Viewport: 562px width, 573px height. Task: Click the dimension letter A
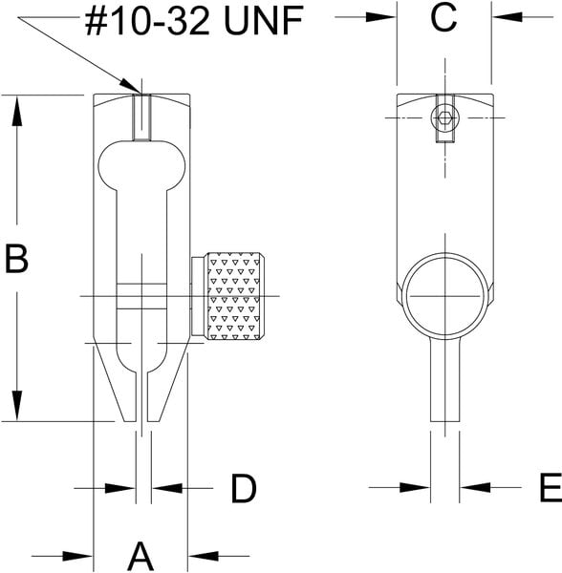pyautogui.click(x=140, y=557)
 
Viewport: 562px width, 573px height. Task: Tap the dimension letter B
pyautogui.click(x=16, y=259)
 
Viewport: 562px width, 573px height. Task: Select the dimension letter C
pyautogui.click(x=443, y=17)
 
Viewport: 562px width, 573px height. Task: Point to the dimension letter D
pyautogui.click(x=244, y=488)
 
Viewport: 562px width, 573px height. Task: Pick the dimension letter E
pyautogui.click(x=551, y=487)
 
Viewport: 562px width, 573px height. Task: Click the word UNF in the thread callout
pyautogui.click(x=264, y=21)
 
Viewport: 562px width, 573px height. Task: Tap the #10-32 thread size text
pyautogui.click(x=147, y=21)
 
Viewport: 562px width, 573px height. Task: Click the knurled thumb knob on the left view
pyautogui.click(x=235, y=296)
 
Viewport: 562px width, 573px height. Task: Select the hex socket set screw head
pyautogui.click(x=444, y=118)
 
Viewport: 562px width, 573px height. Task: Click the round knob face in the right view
pyautogui.click(x=445, y=295)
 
